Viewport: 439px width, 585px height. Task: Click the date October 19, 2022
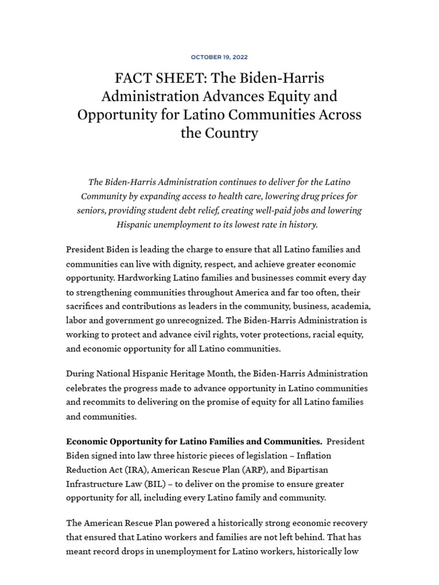219,57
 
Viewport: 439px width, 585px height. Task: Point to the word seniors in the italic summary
90,210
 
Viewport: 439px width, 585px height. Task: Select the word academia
353,306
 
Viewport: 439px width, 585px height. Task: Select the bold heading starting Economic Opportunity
194,442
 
